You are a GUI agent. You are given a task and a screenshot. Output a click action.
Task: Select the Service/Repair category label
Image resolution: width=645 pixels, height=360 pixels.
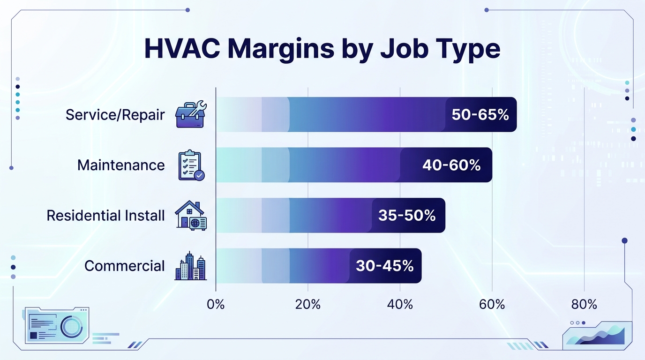coord(115,114)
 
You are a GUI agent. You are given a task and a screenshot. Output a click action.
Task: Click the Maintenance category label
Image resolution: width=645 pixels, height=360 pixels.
coord(121,165)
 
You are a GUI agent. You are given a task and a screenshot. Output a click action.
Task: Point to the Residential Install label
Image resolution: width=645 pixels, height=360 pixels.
coord(105,215)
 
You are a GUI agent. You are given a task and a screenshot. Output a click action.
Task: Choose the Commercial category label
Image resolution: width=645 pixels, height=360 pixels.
coord(125,266)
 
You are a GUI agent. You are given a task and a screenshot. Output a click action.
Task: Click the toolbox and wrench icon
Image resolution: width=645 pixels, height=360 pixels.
coord(191,114)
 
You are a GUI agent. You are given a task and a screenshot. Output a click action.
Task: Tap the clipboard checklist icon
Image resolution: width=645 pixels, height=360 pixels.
coord(191,165)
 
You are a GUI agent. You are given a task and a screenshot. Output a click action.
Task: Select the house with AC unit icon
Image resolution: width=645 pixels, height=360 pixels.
coord(191,216)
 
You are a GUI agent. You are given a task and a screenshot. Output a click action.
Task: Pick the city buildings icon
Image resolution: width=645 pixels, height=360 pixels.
coord(191,266)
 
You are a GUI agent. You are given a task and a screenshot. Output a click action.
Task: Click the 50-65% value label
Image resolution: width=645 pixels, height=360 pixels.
coord(480,115)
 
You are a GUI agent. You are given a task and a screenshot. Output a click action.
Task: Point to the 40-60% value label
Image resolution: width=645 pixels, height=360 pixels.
coord(451,165)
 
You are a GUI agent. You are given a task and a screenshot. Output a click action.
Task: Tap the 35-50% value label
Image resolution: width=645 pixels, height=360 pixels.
coord(407,216)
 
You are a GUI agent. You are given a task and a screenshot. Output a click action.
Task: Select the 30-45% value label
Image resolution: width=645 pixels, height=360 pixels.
coord(384,266)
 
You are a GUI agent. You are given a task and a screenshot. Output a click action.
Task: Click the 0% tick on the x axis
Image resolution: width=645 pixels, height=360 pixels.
coord(216,305)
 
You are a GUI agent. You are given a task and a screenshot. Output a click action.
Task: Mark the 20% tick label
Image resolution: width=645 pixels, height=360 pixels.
coord(308,305)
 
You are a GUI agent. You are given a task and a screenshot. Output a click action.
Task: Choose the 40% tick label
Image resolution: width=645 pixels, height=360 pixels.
coord(400,305)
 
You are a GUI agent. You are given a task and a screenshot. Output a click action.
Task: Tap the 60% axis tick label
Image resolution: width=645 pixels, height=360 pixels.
coord(492,305)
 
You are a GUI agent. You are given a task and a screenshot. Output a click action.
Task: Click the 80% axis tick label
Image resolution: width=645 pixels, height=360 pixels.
coord(584,305)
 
